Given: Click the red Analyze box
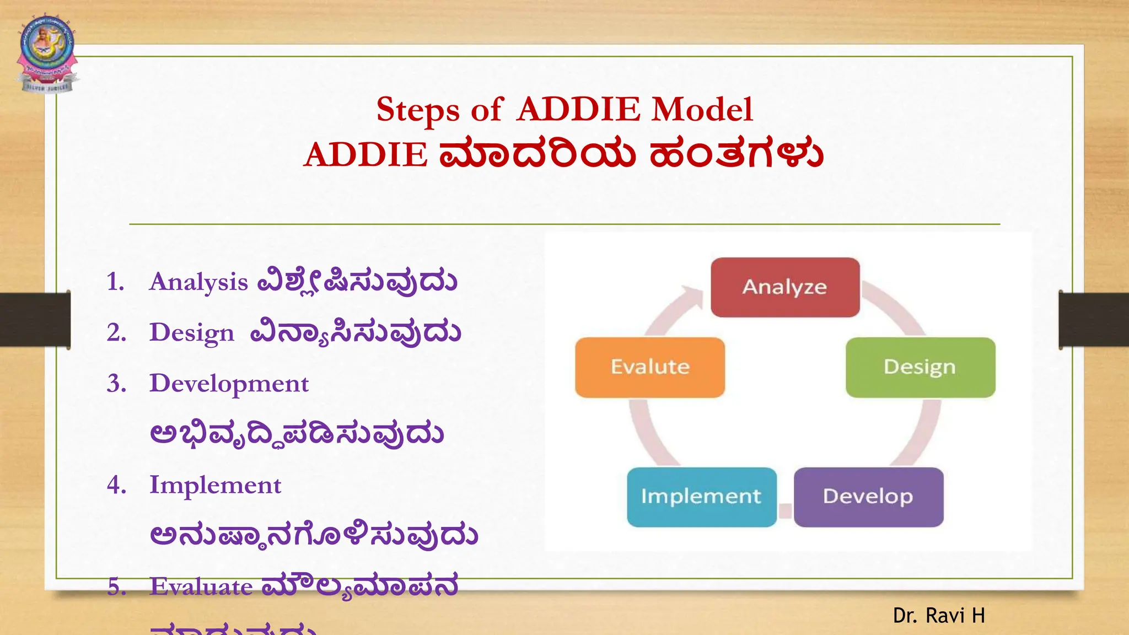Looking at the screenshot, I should click(785, 287).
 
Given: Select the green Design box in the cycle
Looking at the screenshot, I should click(920, 367).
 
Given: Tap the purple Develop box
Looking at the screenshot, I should click(868, 497).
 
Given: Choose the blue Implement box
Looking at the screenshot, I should click(701, 497).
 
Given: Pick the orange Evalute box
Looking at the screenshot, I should click(650, 367).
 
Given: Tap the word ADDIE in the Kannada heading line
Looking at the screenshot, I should click(365, 154).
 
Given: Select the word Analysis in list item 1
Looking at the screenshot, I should click(198, 282).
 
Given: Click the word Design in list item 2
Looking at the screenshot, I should click(192, 333).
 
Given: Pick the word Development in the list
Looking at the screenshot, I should click(229, 384).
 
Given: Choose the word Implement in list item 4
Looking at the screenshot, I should click(215, 486).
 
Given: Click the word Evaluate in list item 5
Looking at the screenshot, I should click(201, 586).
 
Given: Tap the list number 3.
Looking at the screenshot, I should click(116, 384).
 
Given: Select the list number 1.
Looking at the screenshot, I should click(115, 282).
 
